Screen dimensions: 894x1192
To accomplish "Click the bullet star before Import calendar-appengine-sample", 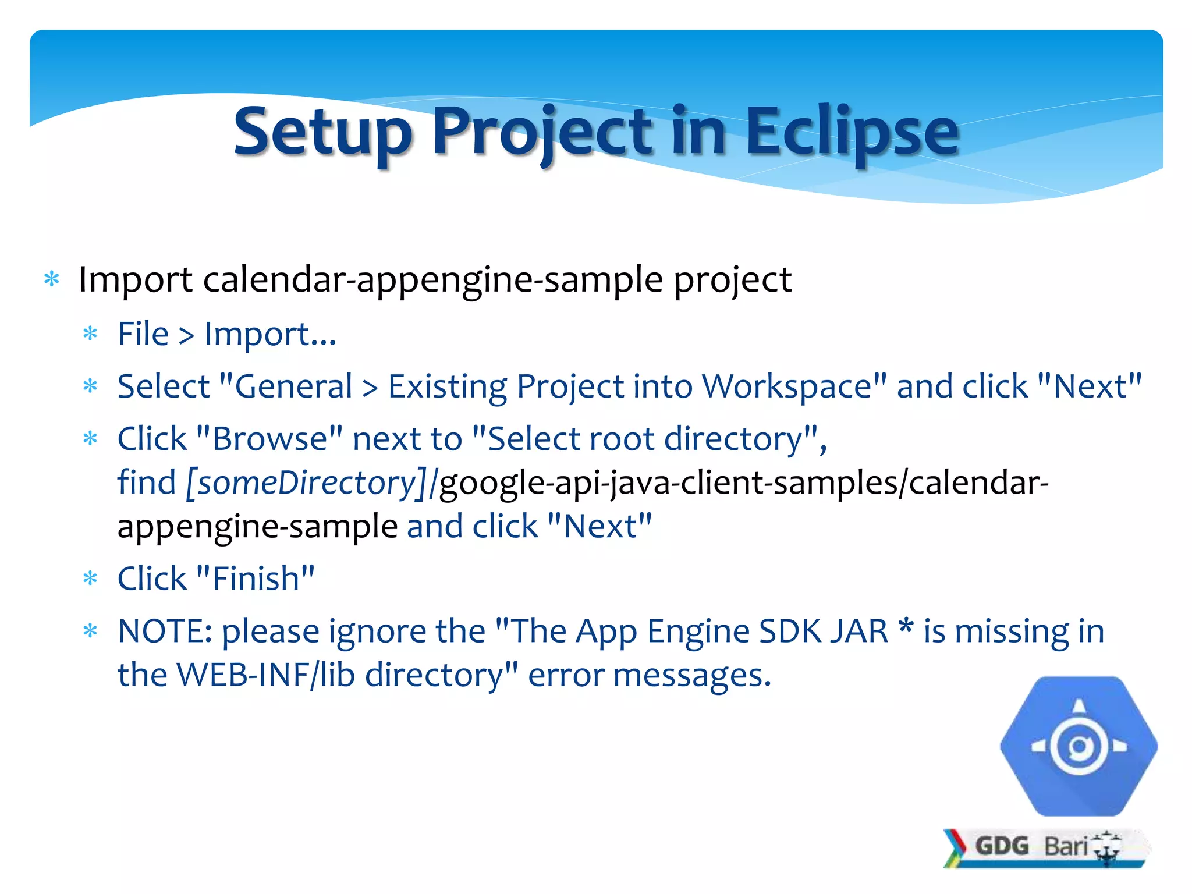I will point(52,280).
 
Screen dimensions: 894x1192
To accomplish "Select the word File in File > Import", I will point(143,334).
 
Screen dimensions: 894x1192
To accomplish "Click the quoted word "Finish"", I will point(256,579).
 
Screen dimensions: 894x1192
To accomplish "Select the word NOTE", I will point(165,631).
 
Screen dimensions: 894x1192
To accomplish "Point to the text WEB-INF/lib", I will point(265,675).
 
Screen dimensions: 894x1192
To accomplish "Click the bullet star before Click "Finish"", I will point(90,579).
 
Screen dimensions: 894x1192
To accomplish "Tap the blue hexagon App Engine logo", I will point(1079,746).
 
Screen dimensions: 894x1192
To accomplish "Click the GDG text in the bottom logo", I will point(1002,846).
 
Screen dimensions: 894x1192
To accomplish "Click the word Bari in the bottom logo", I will point(1066,846).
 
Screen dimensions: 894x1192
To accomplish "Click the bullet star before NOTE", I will point(90,632).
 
